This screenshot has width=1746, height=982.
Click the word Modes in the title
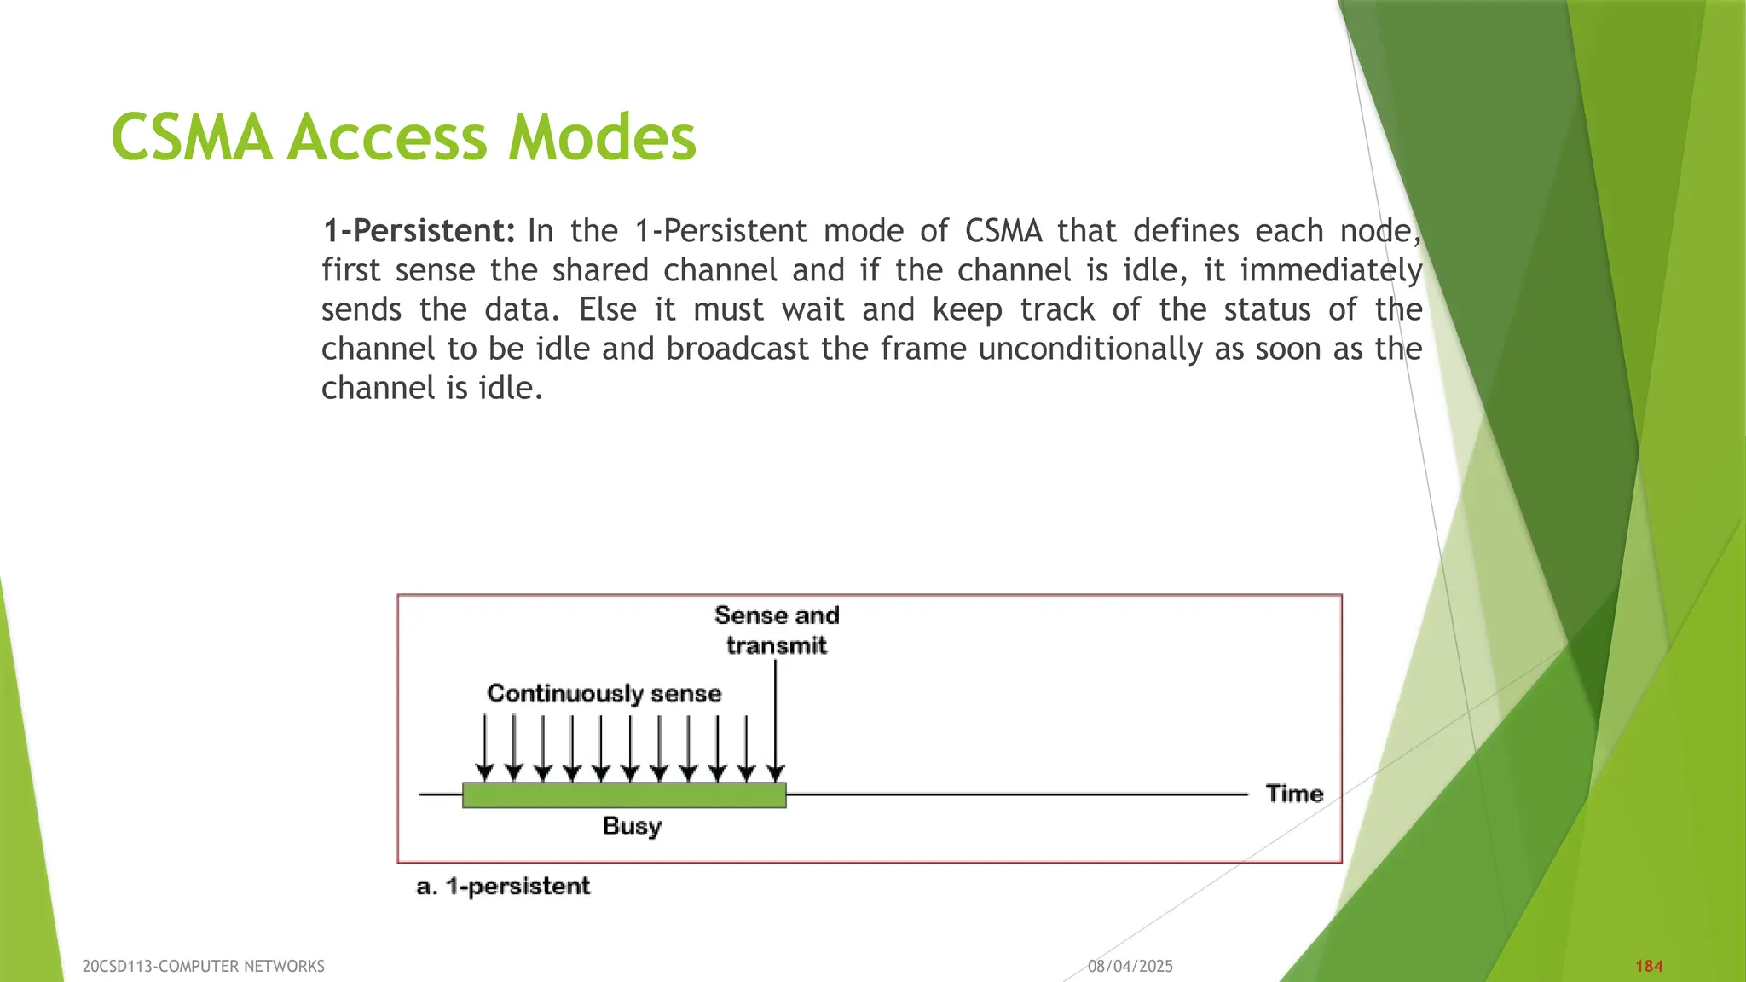(x=602, y=138)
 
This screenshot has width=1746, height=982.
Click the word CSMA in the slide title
(x=192, y=138)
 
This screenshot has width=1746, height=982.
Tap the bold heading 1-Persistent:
(x=419, y=231)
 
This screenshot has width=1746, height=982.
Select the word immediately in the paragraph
(x=1331, y=270)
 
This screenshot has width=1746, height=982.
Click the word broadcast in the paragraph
(x=737, y=349)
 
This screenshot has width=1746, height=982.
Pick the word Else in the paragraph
(x=607, y=309)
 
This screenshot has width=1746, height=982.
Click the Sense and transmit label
(x=776, y=630)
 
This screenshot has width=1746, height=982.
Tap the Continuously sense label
(x=604, y=693)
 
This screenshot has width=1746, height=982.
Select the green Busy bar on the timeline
(x=623, y=795)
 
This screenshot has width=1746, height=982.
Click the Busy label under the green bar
(x=632, y=826)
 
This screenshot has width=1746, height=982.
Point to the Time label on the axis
(x=1294, y=794)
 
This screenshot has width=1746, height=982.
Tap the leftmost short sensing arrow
(x=484, y=746)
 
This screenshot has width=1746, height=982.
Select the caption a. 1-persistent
(x=503, y=887)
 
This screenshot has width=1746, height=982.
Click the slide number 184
(x=1649, y=966)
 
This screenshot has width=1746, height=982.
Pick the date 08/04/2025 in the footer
(x=1130, y=966)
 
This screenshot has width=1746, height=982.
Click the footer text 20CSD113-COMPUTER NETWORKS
(x=203, y=966)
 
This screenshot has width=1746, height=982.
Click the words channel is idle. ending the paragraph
(x=431, y=388)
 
